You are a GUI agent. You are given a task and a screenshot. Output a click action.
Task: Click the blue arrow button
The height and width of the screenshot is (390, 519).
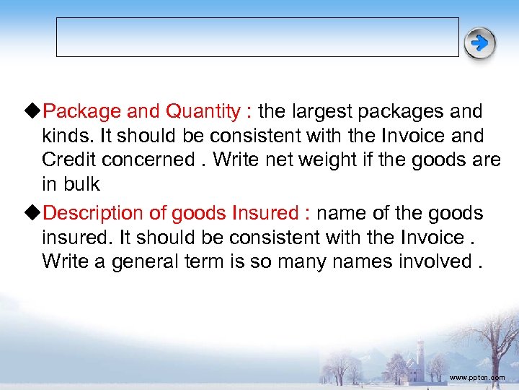[479, 43]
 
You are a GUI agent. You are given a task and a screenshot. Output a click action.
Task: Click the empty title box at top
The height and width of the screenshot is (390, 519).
[257, 37]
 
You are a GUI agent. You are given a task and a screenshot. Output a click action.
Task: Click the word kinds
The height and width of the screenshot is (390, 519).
[62, 136]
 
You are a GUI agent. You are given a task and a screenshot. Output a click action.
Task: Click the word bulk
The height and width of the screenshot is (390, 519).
[80, 183]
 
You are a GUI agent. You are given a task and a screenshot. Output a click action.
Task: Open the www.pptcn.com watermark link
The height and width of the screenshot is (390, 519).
[476, 378]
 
